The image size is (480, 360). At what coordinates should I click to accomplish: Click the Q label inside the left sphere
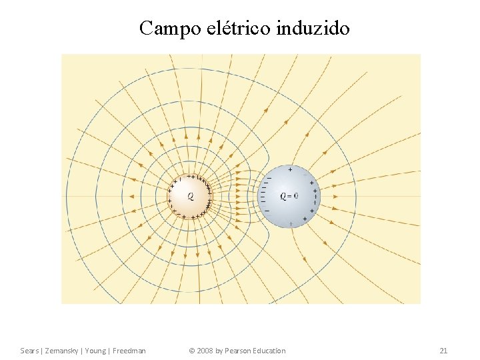[191, 197]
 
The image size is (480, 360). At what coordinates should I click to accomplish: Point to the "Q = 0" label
[289, 196]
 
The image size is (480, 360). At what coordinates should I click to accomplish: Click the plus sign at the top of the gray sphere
[290, 170]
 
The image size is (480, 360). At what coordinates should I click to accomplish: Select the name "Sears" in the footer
[30, 351]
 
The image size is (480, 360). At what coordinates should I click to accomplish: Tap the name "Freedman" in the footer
[129, 351]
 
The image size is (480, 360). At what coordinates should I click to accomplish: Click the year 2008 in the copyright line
[208, 351]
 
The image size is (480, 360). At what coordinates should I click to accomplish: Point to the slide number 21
[443, 351]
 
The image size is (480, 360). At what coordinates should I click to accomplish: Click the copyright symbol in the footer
[192, 351]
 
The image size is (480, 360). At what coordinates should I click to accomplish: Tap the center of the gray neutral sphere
[289, 197]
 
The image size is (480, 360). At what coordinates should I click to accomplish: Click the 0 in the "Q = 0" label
[296, 196]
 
